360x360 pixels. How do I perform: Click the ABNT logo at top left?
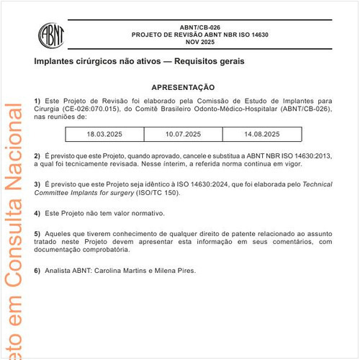pyautogui.click(x=53, y=34)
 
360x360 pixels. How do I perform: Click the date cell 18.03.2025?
pyautogui.click(x=105, y=135)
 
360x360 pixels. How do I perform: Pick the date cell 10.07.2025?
pyautogui.click(x=183, y=135)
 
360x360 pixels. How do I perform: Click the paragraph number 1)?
pyautogui.click(x=37, y=100)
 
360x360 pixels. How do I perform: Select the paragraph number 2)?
pyautogui.click(x=37, y=156)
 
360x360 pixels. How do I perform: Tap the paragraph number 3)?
pyautogui.click(x=37, y=184)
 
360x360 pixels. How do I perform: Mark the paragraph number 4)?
pyautogui.click(x=37, y=213)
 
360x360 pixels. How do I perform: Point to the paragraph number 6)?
pyautogui.click(x=37, y=271)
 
